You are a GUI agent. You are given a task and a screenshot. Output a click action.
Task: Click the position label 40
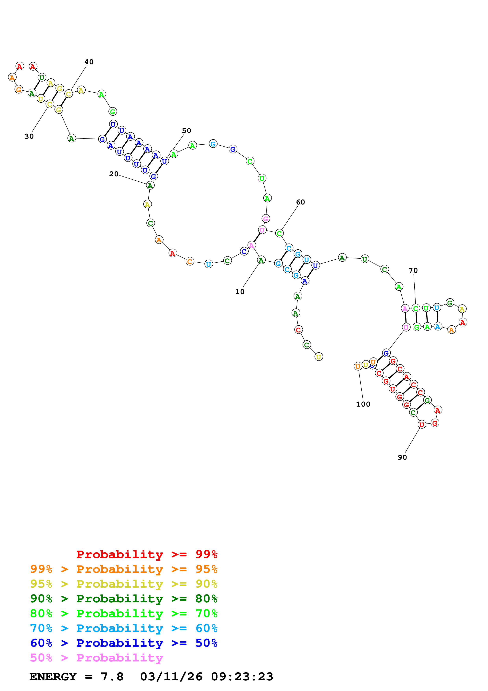[x=89, y=62]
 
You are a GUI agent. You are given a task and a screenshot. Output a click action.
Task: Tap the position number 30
[x=29, y=136]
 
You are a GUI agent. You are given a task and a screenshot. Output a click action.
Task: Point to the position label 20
[x=114, y=174]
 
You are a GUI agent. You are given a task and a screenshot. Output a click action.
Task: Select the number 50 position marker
[x=186, y=131]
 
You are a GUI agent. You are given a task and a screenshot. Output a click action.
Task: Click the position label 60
[x=300, y=202]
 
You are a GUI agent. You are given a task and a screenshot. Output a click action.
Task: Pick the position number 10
[x=240, y=292]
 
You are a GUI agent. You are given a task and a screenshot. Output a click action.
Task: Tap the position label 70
[x=413, y=271]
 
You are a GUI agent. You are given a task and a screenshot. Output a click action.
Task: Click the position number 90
[x=402, y=457]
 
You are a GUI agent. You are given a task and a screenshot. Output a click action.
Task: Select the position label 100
[x=363, y=404]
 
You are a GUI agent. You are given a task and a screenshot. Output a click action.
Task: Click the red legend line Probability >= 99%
[x=147, y=554]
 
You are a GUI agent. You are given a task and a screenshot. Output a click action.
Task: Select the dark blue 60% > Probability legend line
[x=124, y=643]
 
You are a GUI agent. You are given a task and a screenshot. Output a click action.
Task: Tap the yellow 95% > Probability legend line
[x=124, y=584]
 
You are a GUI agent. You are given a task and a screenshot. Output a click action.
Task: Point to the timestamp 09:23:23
[x=242, y=677]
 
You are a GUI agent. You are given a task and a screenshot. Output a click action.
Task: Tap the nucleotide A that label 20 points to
[x=150, y=185]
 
